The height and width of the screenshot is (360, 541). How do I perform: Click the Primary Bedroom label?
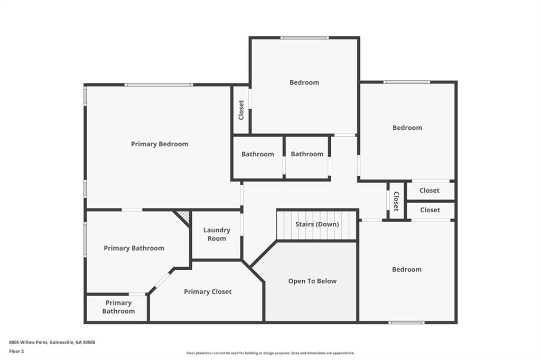pyautogui.click(x=160, y=144)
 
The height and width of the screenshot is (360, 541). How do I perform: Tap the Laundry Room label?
pyautogui.click(x=217, y=234)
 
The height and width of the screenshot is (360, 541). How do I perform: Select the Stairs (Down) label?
pyautogui.click(x=317, y=224)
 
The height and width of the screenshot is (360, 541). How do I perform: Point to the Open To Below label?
pyautogui.click(x=312, y=281)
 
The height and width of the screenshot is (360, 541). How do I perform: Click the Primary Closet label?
pyautogui.click(x=208, y=292)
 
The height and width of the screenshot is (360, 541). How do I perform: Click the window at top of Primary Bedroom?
pyautogui.click(x=158, y=84)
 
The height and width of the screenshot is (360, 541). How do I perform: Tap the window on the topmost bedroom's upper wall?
pyautogui.click(x=304, y=37)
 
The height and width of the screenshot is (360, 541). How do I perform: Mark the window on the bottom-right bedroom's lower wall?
pyautogui.click(x=406, y=323)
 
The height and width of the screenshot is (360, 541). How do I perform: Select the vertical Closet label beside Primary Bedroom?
pyautogui.click(x=241, y=110)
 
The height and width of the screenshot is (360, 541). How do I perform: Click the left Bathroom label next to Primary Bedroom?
pyautogui.click(x=258, y=154)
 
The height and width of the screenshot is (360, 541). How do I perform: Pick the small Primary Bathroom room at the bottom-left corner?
pyautogui.click(x=117, y=308)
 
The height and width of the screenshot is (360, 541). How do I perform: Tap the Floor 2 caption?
pyautogui.click(x=16, y=352)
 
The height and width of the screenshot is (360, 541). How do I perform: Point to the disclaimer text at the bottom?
pyautogui.click(x=270, y=353)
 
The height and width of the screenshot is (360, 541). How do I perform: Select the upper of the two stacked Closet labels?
pyautogui.click(x=430, y=191)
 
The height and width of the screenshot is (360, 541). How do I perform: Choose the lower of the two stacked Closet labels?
pyautogui.click(x=430, y=210)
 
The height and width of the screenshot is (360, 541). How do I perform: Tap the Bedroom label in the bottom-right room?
pyautogui.click(x=407, y=270)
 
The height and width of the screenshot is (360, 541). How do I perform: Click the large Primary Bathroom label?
pyautogui.click(x=134, y=248)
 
